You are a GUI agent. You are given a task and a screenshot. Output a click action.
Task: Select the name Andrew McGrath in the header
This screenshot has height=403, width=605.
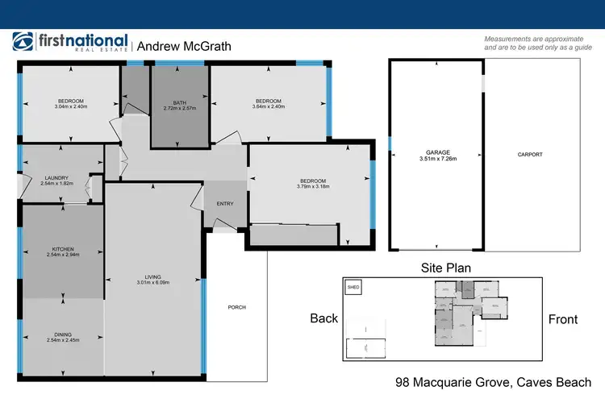tap(184, 47)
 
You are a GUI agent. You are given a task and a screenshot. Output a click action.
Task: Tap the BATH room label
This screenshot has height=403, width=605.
tap(180, 102)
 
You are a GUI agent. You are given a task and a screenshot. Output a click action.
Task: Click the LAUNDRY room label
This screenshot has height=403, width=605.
tap(56, 178)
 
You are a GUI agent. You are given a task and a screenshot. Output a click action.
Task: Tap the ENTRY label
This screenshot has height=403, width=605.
tap(225, 204)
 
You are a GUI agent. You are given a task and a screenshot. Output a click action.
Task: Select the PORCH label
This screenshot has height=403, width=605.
tap(236, 307)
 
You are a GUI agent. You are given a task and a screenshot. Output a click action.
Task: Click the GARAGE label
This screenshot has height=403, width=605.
tap(438, 152)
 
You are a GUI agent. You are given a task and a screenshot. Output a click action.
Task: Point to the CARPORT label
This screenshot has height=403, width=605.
tap(530, 155)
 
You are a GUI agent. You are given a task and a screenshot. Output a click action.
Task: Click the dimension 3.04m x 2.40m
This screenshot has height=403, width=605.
tap(70, 107)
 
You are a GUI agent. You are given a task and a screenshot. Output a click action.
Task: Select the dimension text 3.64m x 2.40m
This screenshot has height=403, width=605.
tap(268, 107)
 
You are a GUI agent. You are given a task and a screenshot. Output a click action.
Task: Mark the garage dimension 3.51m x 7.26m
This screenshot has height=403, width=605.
tap(438, 159)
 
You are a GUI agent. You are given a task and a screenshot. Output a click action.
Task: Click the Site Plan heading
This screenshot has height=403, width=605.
tap(446, 268)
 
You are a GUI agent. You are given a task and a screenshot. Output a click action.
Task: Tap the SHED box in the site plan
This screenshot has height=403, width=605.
tap(353, 287)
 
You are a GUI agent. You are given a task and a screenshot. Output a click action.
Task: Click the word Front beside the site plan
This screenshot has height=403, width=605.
tap(562, 319)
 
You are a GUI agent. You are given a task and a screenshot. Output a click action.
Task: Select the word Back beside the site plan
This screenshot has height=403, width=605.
tap(324, 318)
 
